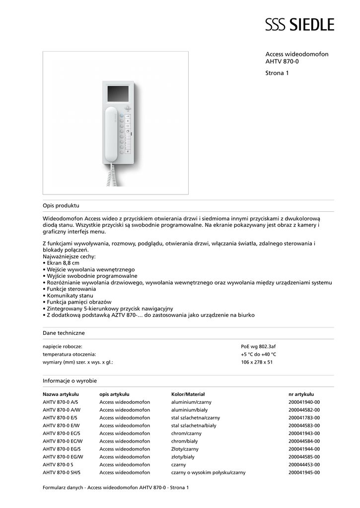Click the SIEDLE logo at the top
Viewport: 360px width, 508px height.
click(299, 24)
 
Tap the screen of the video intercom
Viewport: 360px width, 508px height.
click(118, 93)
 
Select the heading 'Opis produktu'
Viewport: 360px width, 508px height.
click(61, 205)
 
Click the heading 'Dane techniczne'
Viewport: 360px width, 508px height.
click(64, 333)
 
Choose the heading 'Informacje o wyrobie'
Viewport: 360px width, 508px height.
click(70, 381)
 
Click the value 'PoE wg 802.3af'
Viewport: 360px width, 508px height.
click(258, 346)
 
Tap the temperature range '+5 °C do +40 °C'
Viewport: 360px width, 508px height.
click(258, 354)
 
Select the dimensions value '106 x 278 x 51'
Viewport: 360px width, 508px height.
click(257, 362)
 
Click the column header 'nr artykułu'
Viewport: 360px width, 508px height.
click(301, 394)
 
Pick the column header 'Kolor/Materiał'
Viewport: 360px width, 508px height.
click(188, 394)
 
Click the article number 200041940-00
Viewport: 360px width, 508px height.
click(304, 402)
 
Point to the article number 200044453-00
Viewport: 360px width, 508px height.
click(304, 465)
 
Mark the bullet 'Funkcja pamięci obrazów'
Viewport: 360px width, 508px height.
click(79, 302)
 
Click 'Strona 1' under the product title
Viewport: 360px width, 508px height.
click(277, 73)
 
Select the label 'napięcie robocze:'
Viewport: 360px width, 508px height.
click(63, 346)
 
